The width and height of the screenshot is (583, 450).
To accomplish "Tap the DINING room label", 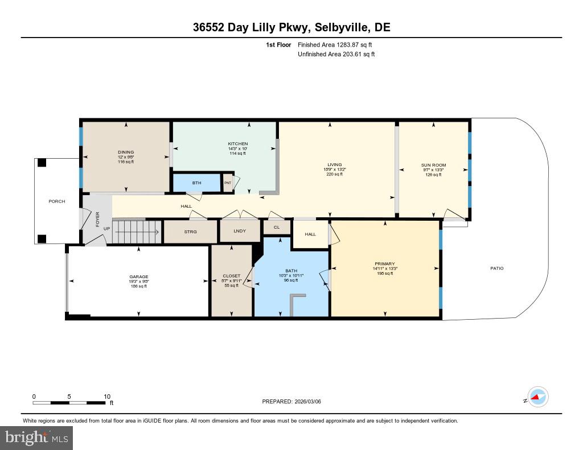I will (x=126, y=152).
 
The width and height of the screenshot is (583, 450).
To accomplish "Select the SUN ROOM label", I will (x=433, y=165).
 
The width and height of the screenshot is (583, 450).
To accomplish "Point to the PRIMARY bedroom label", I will (x=384, y=264).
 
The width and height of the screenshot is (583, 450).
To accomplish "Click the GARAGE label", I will (x=138, y=276).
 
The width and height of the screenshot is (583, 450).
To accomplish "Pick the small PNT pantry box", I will (x=227, y=183).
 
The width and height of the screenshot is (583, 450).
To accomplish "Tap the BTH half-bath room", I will (x=196, y=183).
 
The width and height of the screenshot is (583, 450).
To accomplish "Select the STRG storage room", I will (x=190, y=232).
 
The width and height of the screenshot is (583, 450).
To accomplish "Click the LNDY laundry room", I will (x=240, y=232).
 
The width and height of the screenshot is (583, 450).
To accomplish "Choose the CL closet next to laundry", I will (x=277, y=227).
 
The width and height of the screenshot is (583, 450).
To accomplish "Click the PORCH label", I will (x=56, y=201).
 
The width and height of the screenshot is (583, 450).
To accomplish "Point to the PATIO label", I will (x=496, y=269).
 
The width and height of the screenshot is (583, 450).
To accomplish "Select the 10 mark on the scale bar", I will (x=107, y=397).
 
